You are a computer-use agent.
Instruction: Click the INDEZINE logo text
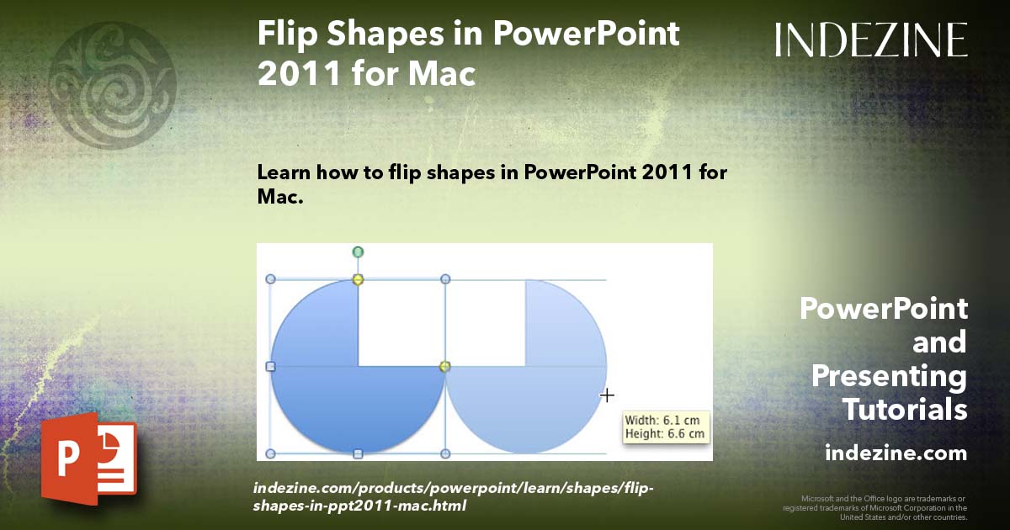tap(871, 40)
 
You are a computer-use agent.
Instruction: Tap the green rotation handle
tap(358, 252)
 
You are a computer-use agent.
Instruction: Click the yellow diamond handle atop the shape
tap(358, 279)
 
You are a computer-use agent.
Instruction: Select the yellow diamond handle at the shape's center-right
tap(445, 366)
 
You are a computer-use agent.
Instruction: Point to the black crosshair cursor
tap(607, 395)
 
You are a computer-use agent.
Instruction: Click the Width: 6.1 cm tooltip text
tap(664, 420)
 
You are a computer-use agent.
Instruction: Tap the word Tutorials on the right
tap(905, 410)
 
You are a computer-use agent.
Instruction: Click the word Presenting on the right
tap(890, 376)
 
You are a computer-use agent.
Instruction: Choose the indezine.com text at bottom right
tap(896, 453)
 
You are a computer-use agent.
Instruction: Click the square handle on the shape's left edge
tap(270, 367)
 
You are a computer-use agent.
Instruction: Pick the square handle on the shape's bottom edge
tap(358, 454)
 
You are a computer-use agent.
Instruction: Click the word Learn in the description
tap(284, 172)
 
